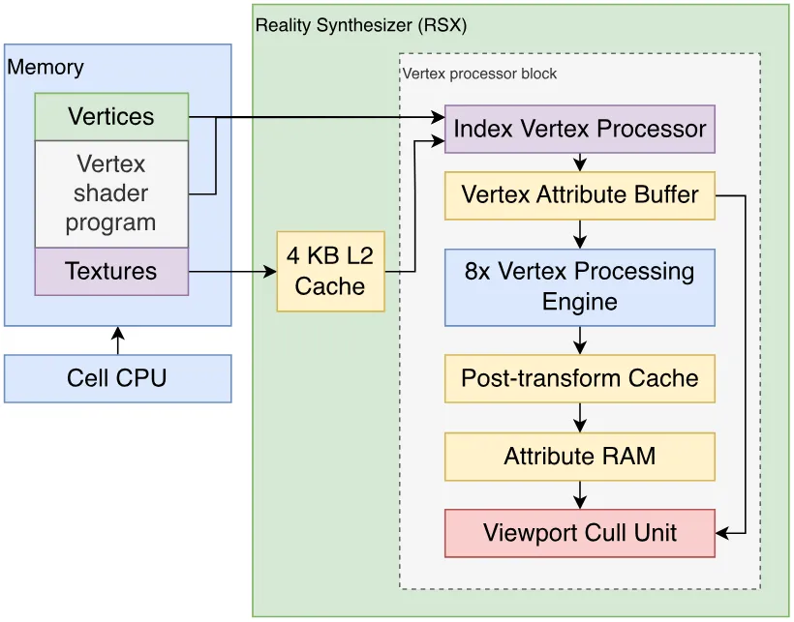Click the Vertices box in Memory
click(111, 117)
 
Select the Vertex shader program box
click(111, 193)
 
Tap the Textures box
click(111, 272)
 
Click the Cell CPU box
click(117, 379)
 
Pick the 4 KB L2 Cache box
click(330, 272)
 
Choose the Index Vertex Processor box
click(580, 129)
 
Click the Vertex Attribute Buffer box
click(580, 195)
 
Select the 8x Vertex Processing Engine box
click(580, 287)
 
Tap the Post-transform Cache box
click(580, 379)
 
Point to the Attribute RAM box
click(580, 457)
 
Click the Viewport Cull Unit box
click(580, 534)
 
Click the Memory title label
click(46, 68)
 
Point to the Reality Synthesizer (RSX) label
click(361, 25)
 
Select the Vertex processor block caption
click(479, 74)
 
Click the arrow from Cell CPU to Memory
click(118, 341)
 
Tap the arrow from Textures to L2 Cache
click(232, 272)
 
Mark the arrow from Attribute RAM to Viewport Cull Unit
click(580, 495)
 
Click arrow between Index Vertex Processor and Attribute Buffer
click(580, 163)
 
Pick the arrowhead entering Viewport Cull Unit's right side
click(722, 533)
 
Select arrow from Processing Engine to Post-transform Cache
click(580, 341)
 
